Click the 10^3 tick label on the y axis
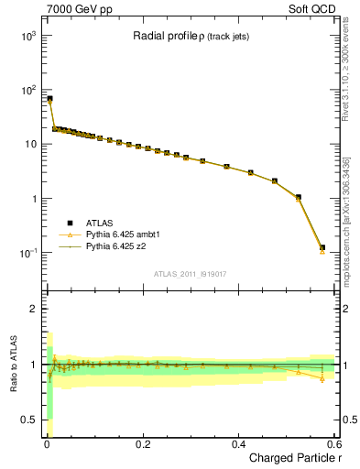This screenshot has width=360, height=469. coord(27,35)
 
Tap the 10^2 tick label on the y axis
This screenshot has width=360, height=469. coord(27,90)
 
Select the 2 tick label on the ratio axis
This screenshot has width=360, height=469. coord(32,309)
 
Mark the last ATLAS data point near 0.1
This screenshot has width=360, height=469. coord(322,247)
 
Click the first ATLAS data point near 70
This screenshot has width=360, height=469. coord(49,98)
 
